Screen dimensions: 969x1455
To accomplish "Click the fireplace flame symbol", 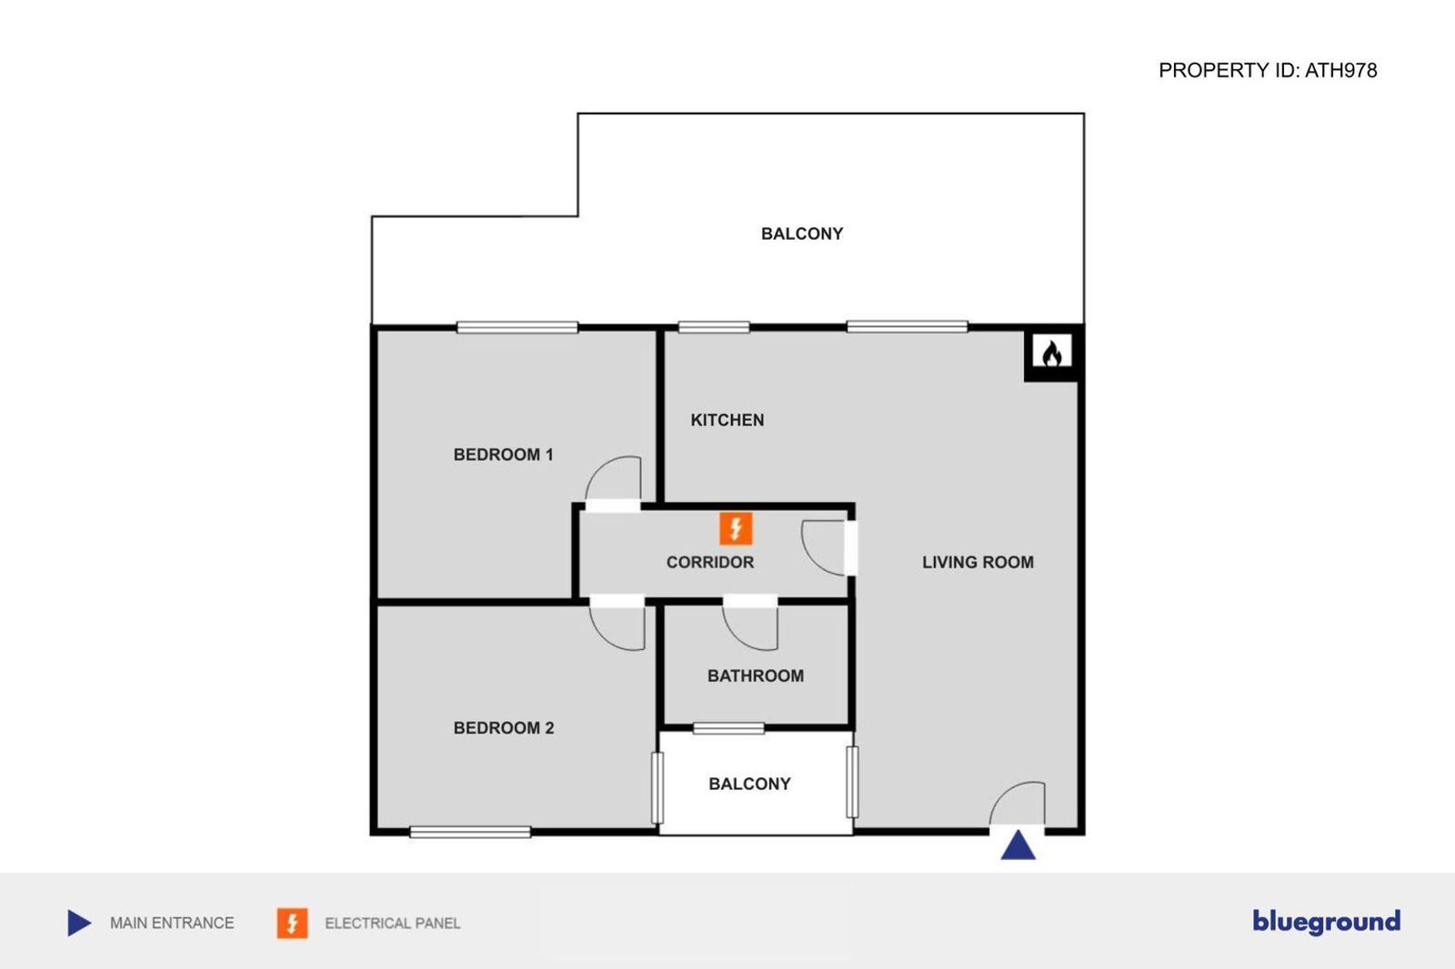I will [x=1052, y=353].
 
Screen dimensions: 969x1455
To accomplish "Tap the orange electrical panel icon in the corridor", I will [x=736, y=528].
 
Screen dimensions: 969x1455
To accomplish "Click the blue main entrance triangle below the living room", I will [x=1018, y=846].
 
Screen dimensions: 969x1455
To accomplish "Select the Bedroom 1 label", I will [x=503, y=455].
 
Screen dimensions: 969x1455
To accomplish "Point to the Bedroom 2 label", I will [x=503, y=728].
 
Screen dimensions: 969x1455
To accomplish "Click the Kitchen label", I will [x=727, y=420].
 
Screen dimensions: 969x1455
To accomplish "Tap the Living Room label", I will [x=978, y=563].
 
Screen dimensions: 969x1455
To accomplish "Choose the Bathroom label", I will [x=755, y=676].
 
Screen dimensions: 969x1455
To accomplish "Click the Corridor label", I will [x=709, y=563].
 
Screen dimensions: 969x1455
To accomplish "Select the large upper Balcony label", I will [x=801, y=234].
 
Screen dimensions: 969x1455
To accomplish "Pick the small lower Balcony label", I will [x=749, y=784].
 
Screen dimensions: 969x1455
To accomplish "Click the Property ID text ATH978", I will [x=1267, y=71].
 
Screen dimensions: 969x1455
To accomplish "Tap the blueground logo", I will [x=1326, y=922].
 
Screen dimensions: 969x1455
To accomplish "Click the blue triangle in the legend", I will [x=79, y=923].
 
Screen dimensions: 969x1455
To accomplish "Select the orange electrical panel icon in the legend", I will [x=292, y=923].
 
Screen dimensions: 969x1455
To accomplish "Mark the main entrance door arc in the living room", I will [x=1017, y=802].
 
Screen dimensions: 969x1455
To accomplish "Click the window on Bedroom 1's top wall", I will [x=517, y=327].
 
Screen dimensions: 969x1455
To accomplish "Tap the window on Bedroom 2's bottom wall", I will [x=470, y=832].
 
